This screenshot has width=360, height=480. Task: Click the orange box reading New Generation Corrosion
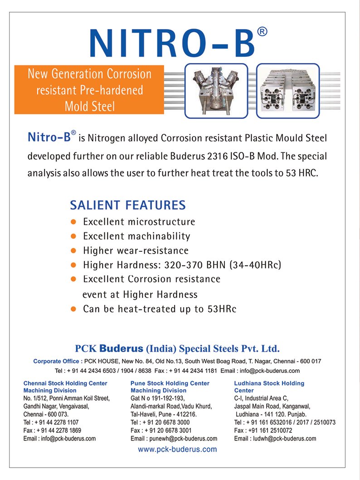89,89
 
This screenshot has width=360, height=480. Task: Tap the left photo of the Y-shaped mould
216,90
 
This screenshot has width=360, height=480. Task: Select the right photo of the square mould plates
288,90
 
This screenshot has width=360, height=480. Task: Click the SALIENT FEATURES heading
128,205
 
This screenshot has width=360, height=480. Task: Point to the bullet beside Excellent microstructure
73,222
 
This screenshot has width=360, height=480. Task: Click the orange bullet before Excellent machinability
73,236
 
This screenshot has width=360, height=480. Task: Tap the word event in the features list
94,294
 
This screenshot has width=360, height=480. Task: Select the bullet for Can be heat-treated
73,309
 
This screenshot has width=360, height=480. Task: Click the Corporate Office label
58,361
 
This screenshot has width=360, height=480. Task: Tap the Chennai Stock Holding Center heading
65,383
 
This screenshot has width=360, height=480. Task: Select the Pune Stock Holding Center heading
170,383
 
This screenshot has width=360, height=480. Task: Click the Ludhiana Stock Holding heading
269,383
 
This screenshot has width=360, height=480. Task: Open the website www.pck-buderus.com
177,450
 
